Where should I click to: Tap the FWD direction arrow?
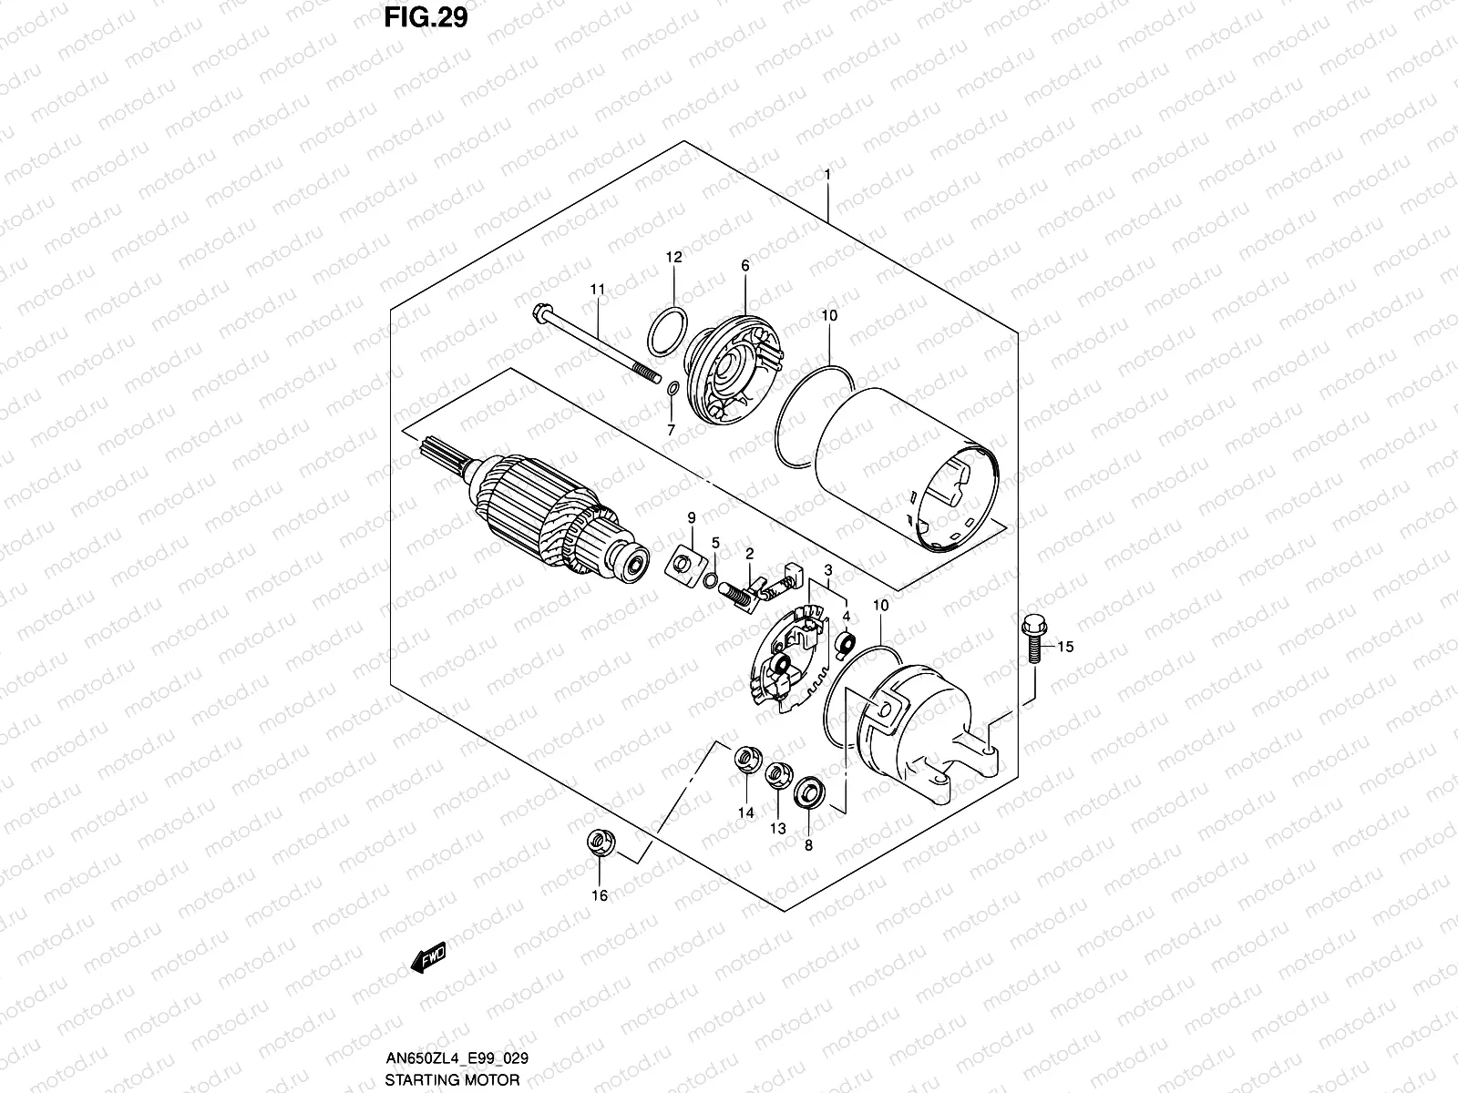click(426, 959)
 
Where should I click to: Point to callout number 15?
click(1065, 647)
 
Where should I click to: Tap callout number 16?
click(599, 895)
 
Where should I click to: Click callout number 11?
click(597, 290)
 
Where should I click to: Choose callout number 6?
click(744, 266)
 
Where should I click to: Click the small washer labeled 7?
click(670, 391)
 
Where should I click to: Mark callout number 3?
click(827, 570)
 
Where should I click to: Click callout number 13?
click(777, 828)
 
